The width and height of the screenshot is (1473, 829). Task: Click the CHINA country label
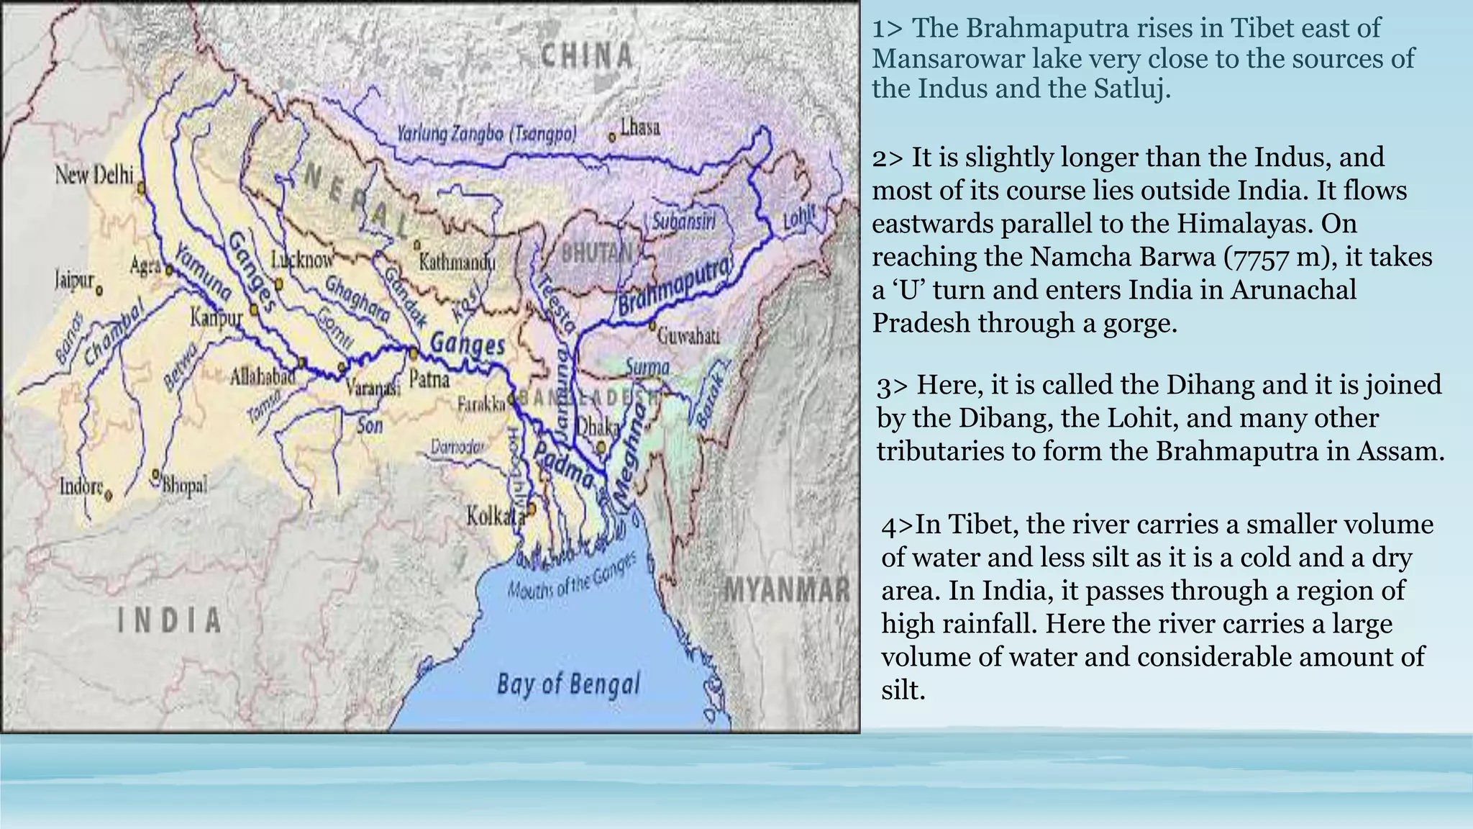[587, 55]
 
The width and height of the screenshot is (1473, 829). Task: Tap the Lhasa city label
[639, 128]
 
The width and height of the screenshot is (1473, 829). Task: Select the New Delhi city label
[94, 175]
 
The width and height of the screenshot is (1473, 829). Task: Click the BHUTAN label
[596, 253]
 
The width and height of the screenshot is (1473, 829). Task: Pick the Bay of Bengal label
[567, 684]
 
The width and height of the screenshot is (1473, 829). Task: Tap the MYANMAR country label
[787, 590]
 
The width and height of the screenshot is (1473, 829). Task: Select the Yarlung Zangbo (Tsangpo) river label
[486, 135]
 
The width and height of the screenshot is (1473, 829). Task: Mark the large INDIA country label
[170, 620]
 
